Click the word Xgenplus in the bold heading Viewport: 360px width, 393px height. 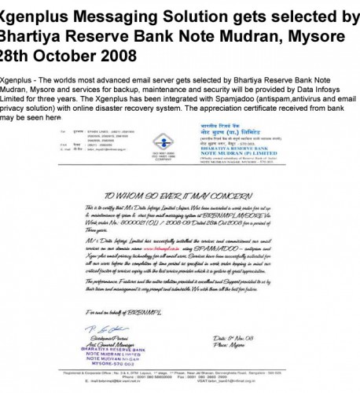point(38,17)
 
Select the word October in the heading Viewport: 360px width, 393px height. point(65,56)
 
